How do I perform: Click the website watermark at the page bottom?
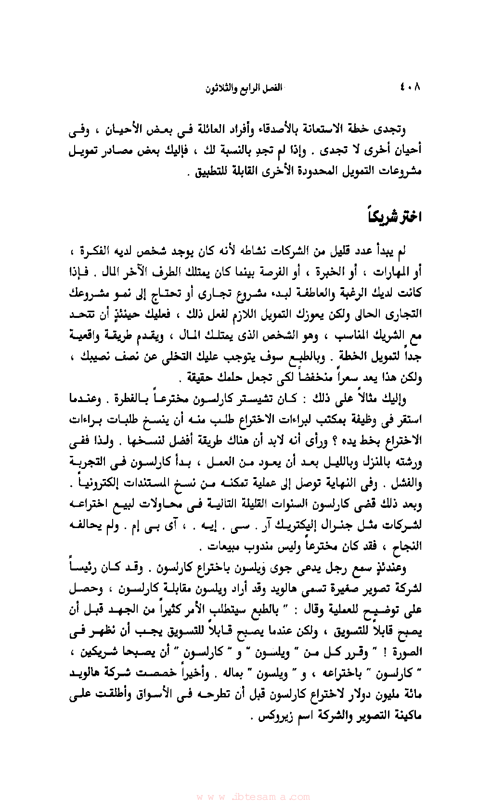tap(253, 796)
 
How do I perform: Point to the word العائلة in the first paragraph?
tap(233, 129)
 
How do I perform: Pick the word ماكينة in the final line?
tap(405, 715)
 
